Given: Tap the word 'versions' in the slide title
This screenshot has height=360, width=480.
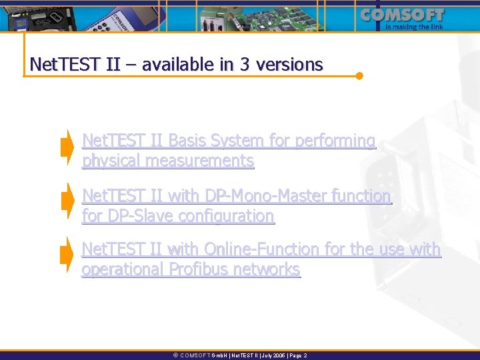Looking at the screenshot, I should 292,65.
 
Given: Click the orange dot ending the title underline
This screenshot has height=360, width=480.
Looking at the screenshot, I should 359,75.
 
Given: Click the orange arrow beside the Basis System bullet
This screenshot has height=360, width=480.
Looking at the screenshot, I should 67,147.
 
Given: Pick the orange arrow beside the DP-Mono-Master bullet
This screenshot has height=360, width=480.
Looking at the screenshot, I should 67,201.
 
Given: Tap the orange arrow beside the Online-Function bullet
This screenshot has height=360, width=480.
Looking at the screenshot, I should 67,255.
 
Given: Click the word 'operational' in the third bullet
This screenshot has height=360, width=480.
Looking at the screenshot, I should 123,269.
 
